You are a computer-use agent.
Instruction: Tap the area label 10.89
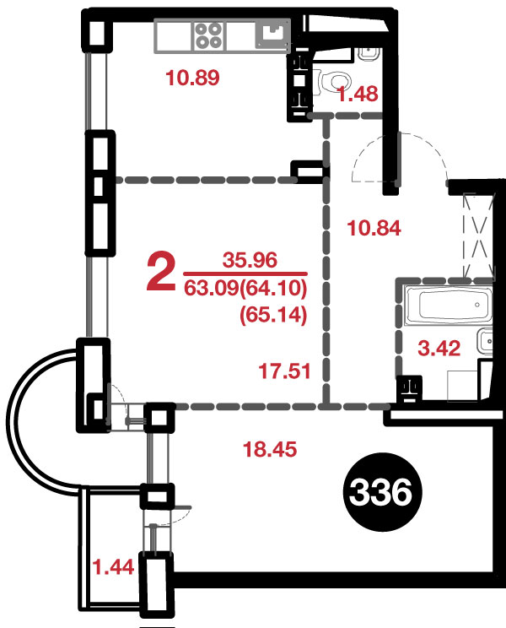192,78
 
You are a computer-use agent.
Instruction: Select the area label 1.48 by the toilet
358,95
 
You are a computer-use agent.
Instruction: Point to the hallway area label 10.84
374,228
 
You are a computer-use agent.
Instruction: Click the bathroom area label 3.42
439,348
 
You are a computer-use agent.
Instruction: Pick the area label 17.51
284,371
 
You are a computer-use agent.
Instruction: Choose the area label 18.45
270,449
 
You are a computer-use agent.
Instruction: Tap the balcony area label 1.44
113,567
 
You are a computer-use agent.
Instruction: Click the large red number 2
161,273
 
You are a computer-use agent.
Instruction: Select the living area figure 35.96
250,260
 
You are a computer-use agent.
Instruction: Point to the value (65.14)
273,315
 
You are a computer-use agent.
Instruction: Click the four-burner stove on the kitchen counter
208,35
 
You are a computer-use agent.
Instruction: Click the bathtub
448,306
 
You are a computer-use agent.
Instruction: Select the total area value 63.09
211,288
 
